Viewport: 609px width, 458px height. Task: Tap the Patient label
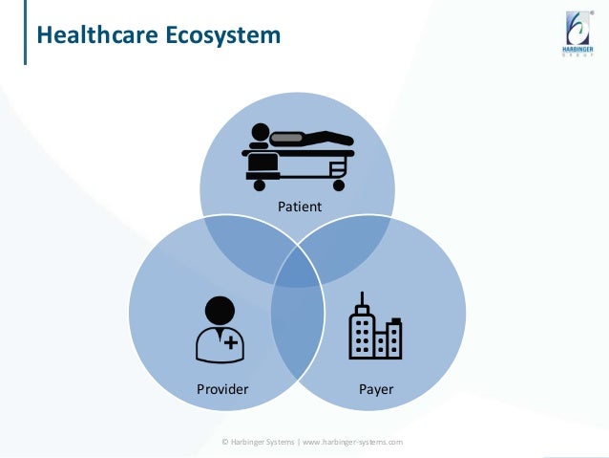pyautogui.click(x=299, y=207)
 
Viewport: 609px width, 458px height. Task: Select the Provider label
pyautogui.click(x=222, y=390)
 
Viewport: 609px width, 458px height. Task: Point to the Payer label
pyautogui.click(x=377, y=390)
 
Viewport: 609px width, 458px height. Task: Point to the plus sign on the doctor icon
pyautogui.click(x=231, y=342)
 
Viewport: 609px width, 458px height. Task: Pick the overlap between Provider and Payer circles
pyautogui.click(x=298, y=335)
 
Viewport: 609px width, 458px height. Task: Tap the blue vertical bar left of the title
pyautogui.click(x=25, y=36)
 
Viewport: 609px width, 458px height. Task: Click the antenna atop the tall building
pyautogui.click(x=362, y=297)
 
